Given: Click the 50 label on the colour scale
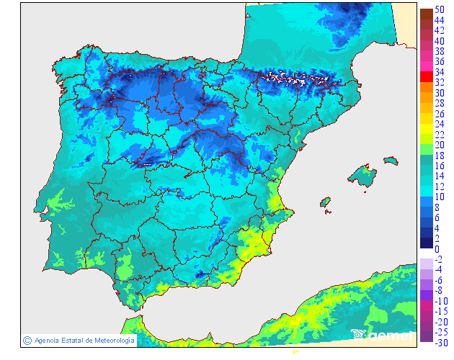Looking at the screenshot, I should point(440,9).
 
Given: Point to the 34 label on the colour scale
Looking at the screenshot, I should point(440,72).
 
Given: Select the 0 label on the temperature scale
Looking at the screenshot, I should point(437,249).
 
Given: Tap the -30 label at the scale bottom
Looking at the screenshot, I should point(441,343).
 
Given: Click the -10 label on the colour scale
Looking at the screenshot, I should point(441,301).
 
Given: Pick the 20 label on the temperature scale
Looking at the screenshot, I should point(440,145).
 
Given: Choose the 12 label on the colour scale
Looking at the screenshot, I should point(440,186).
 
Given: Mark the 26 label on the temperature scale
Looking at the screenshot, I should point(440,114).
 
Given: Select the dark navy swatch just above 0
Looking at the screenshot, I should point(426,243).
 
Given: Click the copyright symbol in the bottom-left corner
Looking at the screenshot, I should point(27,340).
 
